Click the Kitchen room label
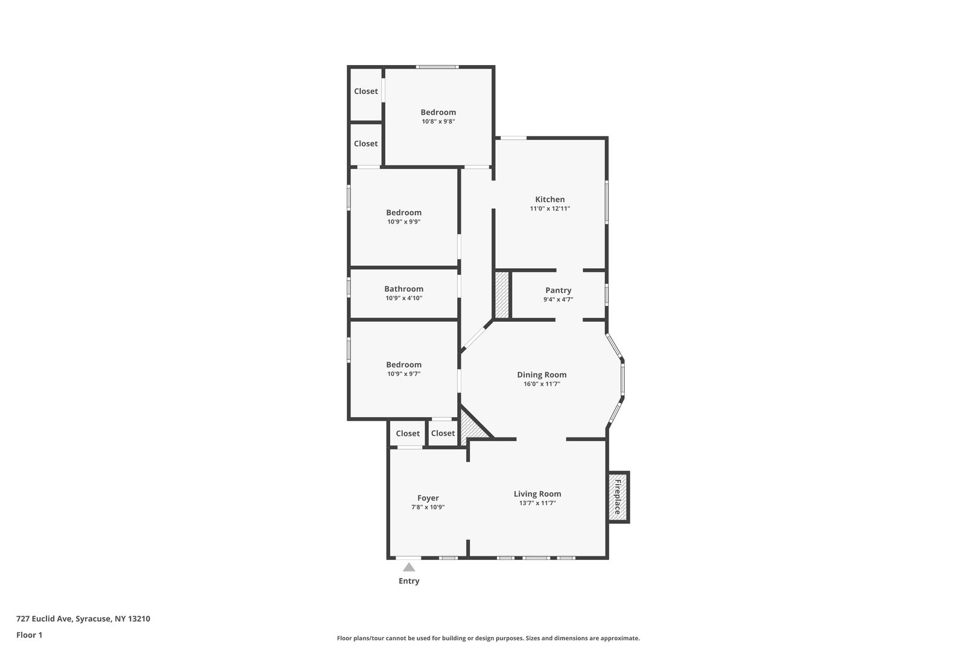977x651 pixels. pos(549,200)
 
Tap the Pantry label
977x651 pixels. pos(558,291)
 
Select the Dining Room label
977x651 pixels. pos(542,374)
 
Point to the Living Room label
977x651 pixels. pos(537,494)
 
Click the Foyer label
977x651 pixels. pos(428,498)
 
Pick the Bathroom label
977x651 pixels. pos(403,289)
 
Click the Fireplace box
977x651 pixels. pos(618,497)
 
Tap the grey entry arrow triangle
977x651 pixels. pos(409,567)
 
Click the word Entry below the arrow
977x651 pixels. pos(409,581)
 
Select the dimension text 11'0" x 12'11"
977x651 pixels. pos(549,209)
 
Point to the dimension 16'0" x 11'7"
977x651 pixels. pos(542,384)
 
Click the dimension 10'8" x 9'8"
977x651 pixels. pos(438,122)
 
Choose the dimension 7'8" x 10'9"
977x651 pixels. pos(428,507)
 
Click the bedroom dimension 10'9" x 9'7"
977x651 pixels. pos(403,374)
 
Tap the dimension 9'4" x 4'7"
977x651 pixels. pos(558,300)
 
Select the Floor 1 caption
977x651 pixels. pos(29,635)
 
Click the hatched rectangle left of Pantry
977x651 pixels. pos(502,295)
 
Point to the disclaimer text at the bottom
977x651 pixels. pos(488,638)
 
